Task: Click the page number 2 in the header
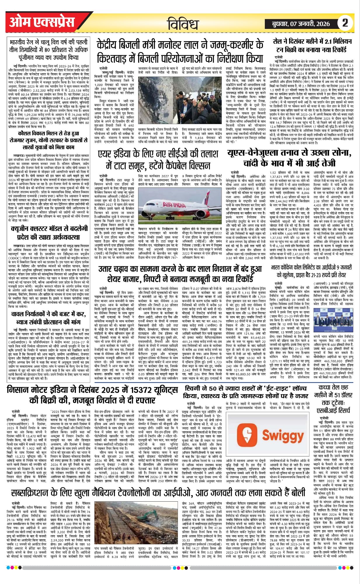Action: (345, 23)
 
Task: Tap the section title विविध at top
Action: (183, 24)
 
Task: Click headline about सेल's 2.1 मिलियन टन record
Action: (312, 46)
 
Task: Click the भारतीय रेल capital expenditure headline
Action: (48, 49)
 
